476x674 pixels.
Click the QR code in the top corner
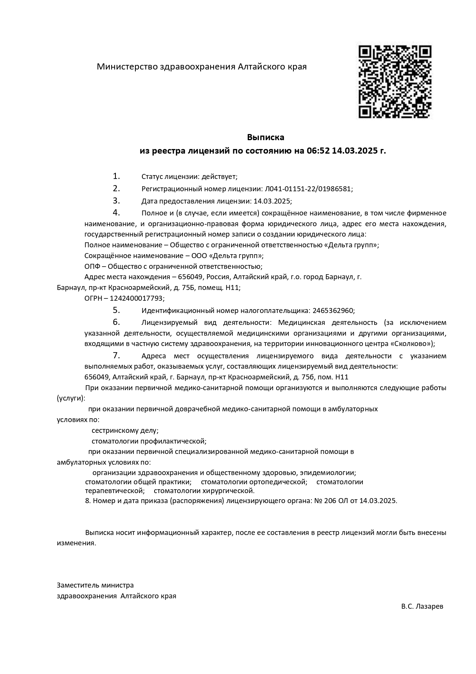point(395,82)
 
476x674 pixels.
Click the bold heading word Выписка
point(265,137)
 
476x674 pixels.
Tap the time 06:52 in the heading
point(318,151)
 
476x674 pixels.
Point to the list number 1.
point(116,176)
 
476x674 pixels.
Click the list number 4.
point(116,212)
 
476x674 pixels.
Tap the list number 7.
point(116,355)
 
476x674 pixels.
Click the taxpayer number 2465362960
point(333,311)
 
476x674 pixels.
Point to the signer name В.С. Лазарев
point(422,607)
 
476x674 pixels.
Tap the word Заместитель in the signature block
point(78,585)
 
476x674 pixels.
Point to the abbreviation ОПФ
point(93,267)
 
